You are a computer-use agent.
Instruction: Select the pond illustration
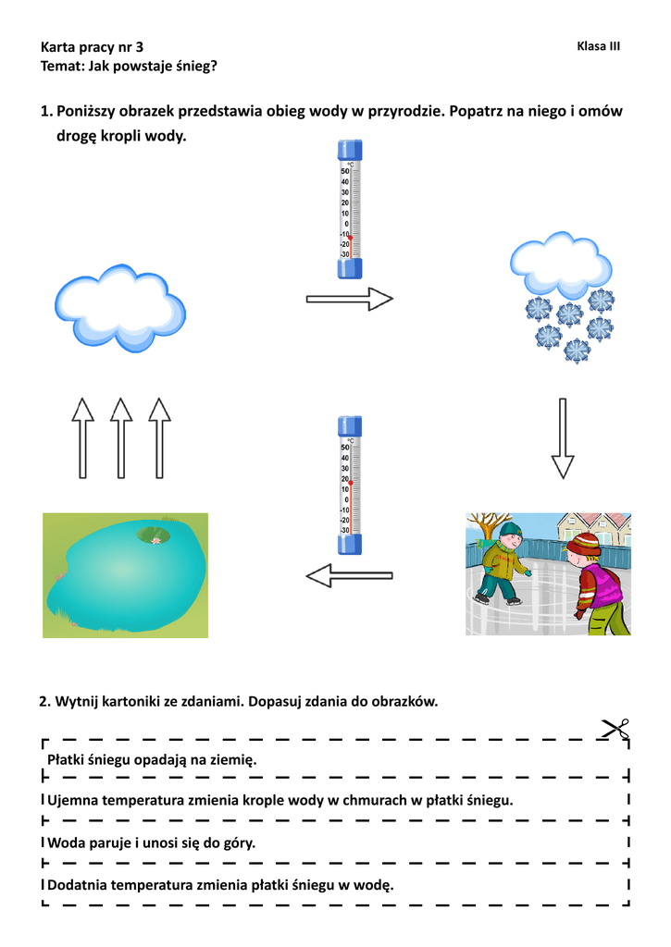coord(125,575)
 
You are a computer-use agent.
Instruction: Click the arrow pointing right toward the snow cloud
coord(350,299)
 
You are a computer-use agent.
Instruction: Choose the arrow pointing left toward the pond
coord(349,576)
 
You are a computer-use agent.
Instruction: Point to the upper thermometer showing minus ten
coord(350,209)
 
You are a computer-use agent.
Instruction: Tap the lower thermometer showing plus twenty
coord(350,486)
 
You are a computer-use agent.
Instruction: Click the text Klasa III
coord(598,46)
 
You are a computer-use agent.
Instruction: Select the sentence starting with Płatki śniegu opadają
coord(151,759)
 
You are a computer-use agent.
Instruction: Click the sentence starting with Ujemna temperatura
coord(280,799)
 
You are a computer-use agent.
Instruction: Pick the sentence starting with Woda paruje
coord(151,842)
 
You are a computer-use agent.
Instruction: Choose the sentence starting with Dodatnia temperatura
coord(220,885)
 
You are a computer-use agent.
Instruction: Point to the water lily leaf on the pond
coord(154,534)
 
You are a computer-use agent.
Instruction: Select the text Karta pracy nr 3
coord(93,46)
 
